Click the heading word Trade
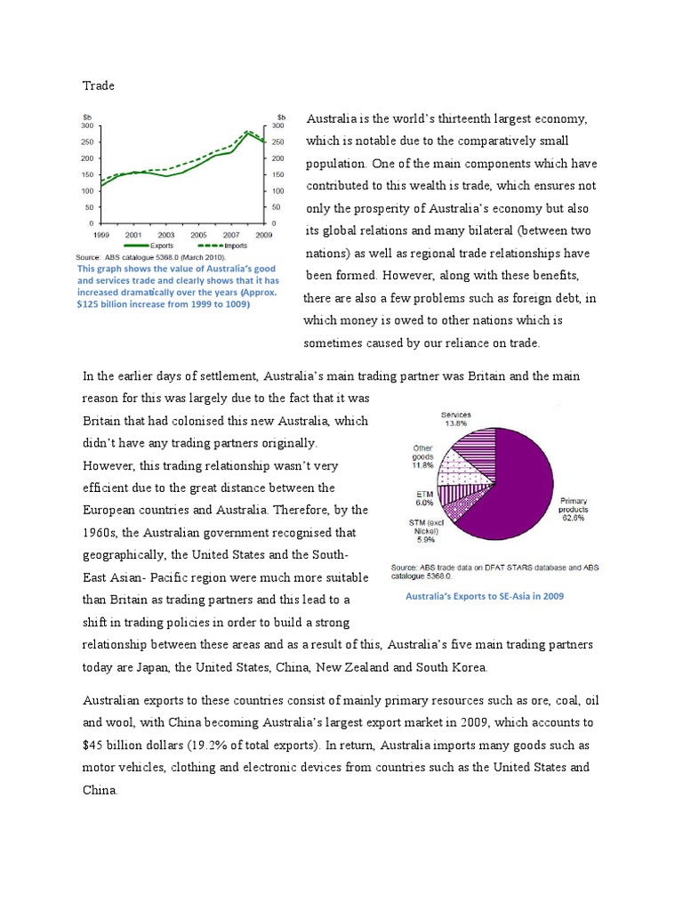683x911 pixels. tap(99, 85)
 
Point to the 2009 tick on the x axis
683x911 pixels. tap(264, 233)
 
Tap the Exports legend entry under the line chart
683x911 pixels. tap(151, 246)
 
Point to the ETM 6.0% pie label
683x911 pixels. tap(425, 496)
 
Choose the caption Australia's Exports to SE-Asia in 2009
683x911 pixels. tap(484, 597)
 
